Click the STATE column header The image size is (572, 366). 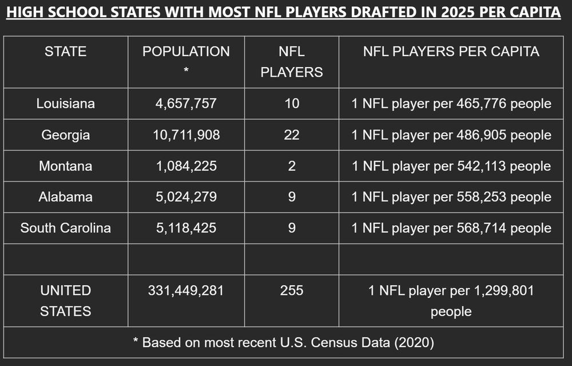click(x=65, y=52)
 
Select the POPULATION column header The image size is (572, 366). click(x=186, y=52)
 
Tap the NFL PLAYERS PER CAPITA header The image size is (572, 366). click(x=451, y=52)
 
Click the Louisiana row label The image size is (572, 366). click(x=65, y=104)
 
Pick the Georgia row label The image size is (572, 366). click(x=65, y=135)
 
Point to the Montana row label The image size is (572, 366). click(x=65, y=166)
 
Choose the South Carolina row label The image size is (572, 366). click(x=65, y=228)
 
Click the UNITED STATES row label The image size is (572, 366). click(x=65, y=301)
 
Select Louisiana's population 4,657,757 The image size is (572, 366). click(x=186, y=104)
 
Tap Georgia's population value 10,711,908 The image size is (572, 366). click(x=186, y=135)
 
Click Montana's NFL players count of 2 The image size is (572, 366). click(x=292, y=166)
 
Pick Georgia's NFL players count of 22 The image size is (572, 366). click(x=292, y=135)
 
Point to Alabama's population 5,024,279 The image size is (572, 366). click(x=186, y=197)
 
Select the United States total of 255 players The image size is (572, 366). click(x=292, y=290)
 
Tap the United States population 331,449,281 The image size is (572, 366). click(x=186, y=290)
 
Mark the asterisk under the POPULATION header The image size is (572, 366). click(x=186, y=72)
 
